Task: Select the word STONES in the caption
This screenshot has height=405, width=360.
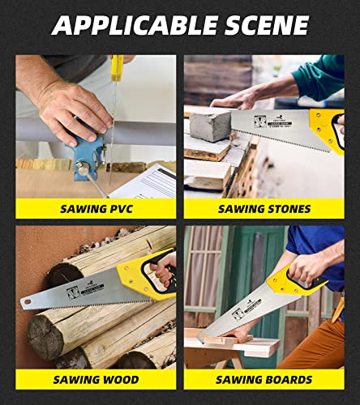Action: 285,208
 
